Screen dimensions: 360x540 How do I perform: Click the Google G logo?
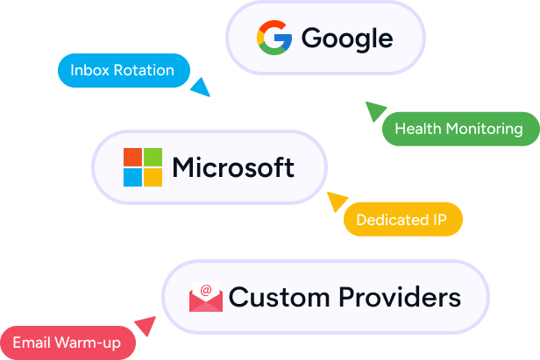click(x=274, y=39)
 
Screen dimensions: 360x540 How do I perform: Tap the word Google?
click(x=346, y=39)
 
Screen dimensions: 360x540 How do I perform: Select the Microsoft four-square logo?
click(x=143, y=167)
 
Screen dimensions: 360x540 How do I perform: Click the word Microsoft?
click(x=233, y=166)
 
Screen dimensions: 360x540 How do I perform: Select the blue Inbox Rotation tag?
click(x=122, y=70)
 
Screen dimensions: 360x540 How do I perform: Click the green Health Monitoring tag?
click(x=458, y=129)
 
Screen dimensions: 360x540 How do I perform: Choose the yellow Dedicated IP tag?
click(x=402, y=220)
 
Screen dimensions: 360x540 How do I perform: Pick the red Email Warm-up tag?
click(x=67, y=342)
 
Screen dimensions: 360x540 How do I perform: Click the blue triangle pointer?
click(x=201, y=88)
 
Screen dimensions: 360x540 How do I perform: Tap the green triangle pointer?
click(x=374, y=110)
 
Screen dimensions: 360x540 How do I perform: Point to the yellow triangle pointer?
click(x=337, y=202)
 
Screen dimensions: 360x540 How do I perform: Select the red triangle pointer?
click(x=145, y=327)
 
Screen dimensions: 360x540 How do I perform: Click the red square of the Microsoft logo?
click(x=132, y=157)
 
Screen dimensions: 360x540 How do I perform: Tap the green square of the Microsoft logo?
click(x=153, y=157)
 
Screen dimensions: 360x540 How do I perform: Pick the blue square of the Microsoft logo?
click(x=132, y=178)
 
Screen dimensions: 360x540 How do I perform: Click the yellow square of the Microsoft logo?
click(x=153, y=178)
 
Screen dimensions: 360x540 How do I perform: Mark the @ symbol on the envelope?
click(x=206, y=290)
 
